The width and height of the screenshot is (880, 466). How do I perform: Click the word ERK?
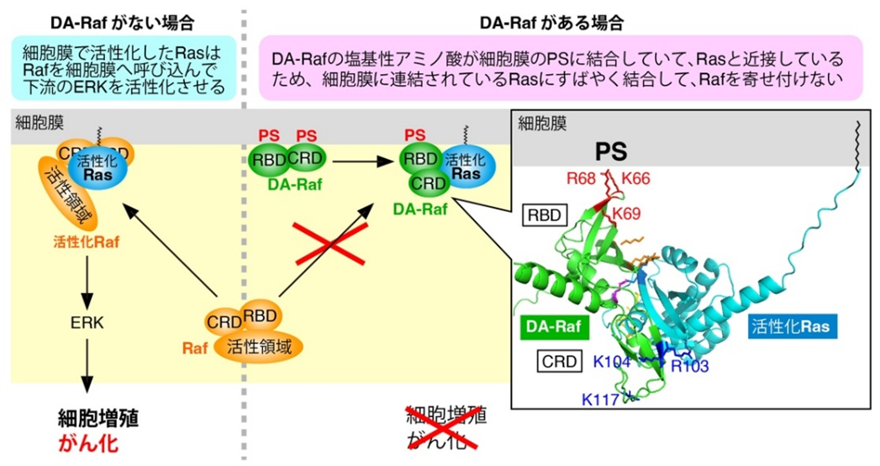[87, 321]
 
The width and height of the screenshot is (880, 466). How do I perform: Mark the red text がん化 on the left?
[87, 442]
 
